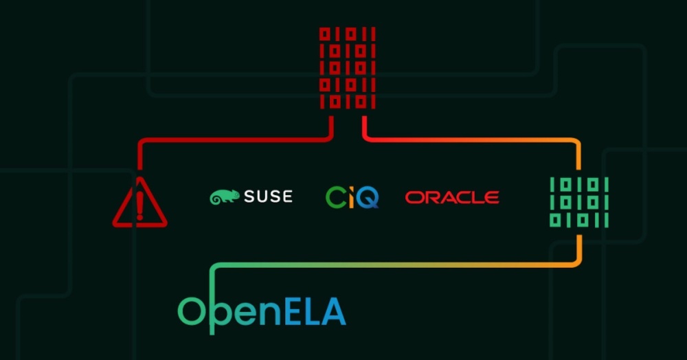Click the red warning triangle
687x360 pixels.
pos(139,203)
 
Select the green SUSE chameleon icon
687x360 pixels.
pos(225,196)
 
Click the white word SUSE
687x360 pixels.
pos(268,196)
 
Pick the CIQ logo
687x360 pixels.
pos(352,197)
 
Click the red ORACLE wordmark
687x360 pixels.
pos(452,197)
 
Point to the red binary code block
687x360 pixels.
pos(348,68)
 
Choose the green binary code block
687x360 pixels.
pos(579,203)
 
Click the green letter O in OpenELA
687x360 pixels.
pos(192,311)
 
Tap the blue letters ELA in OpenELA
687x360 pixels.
pos(315,311)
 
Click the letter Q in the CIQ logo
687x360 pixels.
pos(367,198)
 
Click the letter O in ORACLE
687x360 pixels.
pos(414,197)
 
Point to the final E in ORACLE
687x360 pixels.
pos(491,197)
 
